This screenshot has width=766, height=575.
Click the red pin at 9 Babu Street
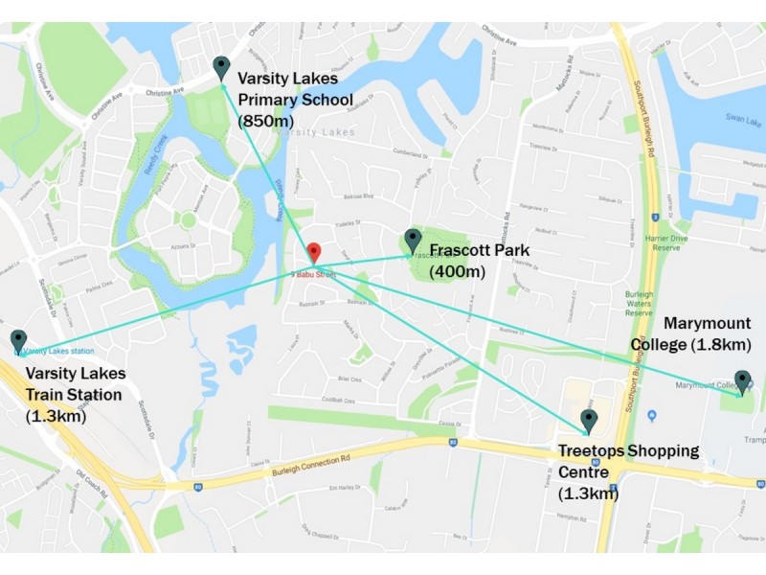(312, 252)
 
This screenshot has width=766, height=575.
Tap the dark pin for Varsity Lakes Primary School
(221, 67)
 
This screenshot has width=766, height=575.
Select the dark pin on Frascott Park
(413, 240)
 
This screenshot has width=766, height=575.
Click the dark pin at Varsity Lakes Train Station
(18, 340)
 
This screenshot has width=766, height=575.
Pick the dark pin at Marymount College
(742, 380)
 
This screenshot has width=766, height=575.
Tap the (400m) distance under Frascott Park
(458, 271)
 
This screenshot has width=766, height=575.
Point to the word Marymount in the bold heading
(707, 323)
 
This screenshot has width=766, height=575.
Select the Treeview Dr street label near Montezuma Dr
(545, 147)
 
